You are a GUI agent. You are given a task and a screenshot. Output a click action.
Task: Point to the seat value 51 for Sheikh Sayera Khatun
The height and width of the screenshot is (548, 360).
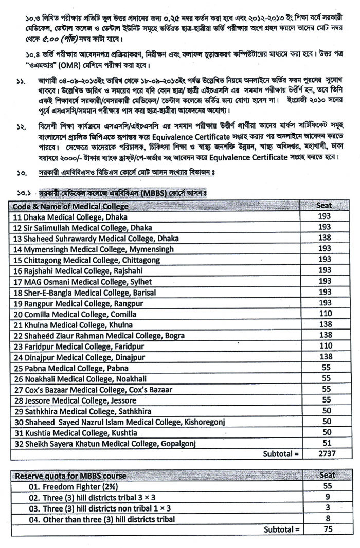coord(324,443)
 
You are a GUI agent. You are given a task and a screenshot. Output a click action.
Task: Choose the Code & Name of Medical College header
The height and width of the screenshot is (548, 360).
coord(71,206)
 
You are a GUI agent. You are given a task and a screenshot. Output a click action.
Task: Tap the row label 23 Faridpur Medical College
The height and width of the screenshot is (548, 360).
coord(70,346)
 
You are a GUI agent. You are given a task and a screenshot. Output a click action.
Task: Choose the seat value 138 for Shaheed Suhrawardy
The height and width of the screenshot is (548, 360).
coord(324,239)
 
